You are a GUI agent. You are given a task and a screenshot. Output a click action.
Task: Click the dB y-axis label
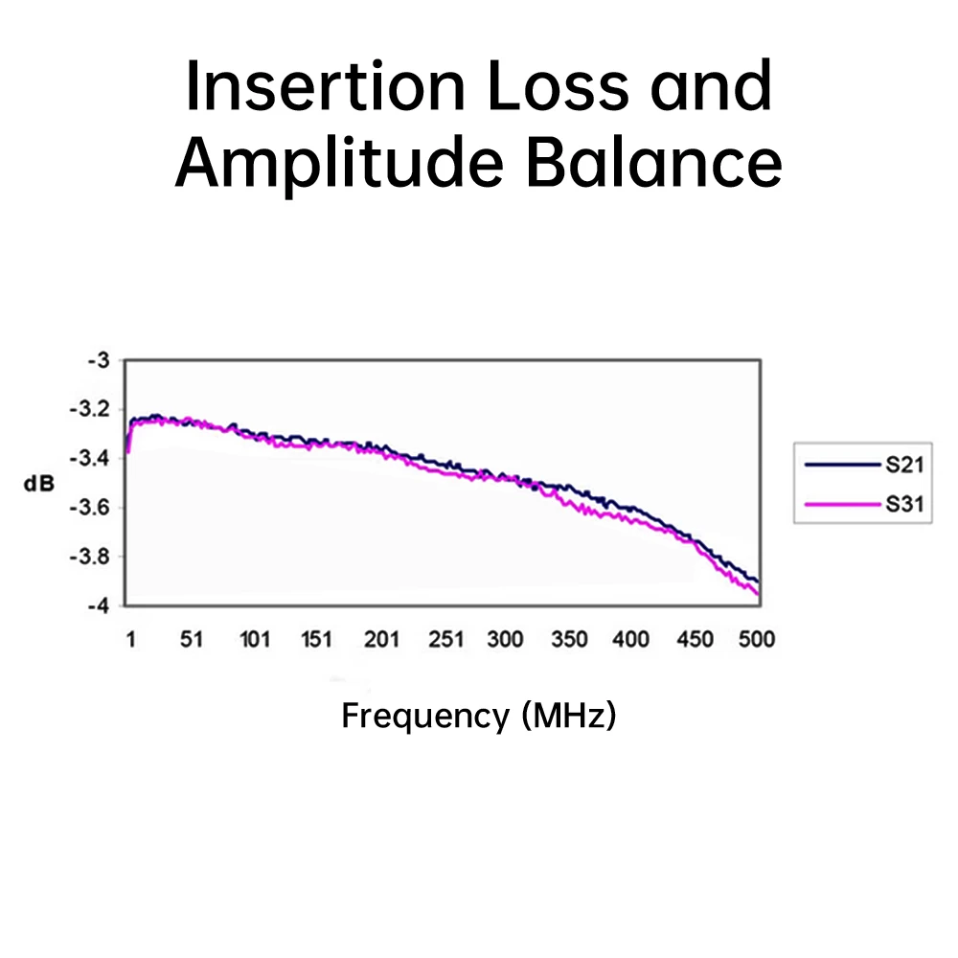(x=39, y=484)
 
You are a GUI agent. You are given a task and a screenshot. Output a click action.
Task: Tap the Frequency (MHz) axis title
(x=478, y=716)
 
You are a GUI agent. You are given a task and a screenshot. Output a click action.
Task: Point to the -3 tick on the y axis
(x=100, y=360)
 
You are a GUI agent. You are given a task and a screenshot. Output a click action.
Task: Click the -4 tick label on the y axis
(x=100, y=605)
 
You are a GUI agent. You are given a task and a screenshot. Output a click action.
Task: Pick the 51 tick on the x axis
(x=193, y=639)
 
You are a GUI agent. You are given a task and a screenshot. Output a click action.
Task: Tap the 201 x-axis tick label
(x=381, y=639)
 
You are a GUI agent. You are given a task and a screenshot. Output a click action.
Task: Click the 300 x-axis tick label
(x=505, y=639)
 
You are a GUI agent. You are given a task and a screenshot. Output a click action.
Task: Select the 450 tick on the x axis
(x=695, y=639)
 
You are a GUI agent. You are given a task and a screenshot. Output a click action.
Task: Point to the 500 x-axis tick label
(x=756, y=639)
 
